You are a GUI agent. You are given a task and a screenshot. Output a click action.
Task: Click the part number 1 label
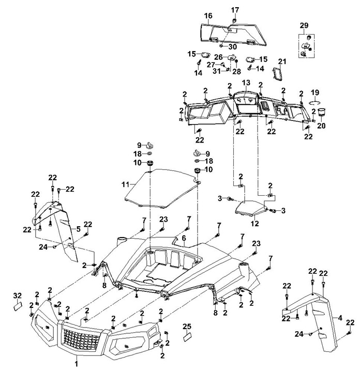point(77,364)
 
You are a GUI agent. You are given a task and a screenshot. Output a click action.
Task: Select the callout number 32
point(18,296)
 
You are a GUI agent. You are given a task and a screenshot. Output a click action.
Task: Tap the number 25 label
point(187,327)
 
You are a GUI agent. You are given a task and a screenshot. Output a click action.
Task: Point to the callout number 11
point(126,184)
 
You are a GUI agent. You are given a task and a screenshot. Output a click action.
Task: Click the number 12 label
point(254,224)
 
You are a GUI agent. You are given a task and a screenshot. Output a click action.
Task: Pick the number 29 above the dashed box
point(304,25)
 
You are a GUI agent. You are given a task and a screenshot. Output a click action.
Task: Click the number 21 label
point(282,61)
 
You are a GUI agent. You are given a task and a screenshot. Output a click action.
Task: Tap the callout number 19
point(315,92)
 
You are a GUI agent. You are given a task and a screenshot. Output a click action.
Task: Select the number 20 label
point(321,126)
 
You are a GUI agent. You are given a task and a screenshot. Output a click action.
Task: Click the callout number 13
point(246,83)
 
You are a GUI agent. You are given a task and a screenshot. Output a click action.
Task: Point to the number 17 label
point(235,10)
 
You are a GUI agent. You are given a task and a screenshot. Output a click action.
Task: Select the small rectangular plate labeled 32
point(18,306)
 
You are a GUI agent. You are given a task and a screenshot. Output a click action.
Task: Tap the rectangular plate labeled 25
point(187,337)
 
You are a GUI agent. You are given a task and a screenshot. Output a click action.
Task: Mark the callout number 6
point(184,238)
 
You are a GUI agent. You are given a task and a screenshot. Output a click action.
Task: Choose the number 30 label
point(233,46)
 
